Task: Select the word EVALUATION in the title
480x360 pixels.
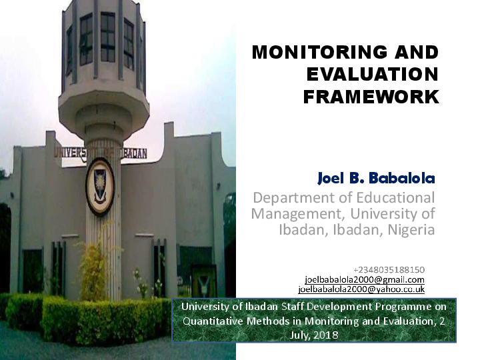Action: (x=372, y=75)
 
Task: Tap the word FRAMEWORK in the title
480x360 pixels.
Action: (x=371, y=97)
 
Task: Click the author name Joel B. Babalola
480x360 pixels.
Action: (x=376, y=179)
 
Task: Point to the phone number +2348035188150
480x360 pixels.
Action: (x=389, y=269)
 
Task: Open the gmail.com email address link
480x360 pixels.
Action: (x=364, y=279)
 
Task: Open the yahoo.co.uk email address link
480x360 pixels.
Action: (x=361, y=289)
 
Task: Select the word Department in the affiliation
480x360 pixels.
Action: (x=291, y=198)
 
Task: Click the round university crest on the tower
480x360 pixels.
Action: (x=100, y=186)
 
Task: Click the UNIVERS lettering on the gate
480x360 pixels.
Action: (x=70, y=153)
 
